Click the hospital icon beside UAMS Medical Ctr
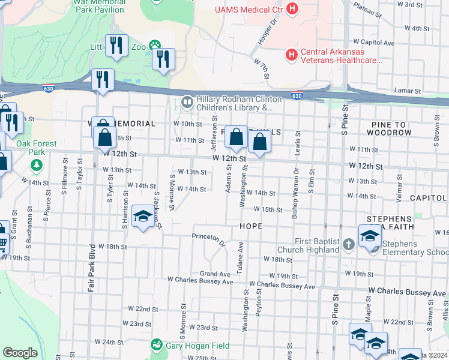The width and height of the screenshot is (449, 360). [292, 9]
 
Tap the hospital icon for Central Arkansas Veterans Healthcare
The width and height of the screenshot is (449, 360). [292, 55]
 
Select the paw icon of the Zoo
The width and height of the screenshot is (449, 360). [155, 44]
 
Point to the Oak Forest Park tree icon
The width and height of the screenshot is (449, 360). [37, 164]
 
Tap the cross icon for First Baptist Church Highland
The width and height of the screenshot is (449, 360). [350, 244]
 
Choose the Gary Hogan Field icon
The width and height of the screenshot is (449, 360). [157, 345]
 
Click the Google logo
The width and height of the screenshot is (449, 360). [20, 353]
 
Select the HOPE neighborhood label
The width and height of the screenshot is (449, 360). [251, 226]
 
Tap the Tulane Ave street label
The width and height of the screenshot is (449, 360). [240, 255]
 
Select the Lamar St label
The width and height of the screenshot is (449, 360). [405, 90]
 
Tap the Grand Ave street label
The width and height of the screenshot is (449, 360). [215, 274]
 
